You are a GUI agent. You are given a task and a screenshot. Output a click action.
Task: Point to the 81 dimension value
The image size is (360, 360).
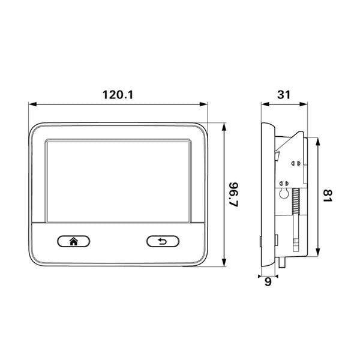tap(327, 196)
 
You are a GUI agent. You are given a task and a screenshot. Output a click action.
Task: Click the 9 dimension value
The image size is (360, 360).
tap(268, 281)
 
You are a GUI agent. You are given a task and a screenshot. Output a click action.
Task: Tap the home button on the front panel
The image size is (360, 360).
tap(74, 241)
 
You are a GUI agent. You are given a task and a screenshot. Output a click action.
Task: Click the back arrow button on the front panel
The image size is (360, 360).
tap(163, 241)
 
